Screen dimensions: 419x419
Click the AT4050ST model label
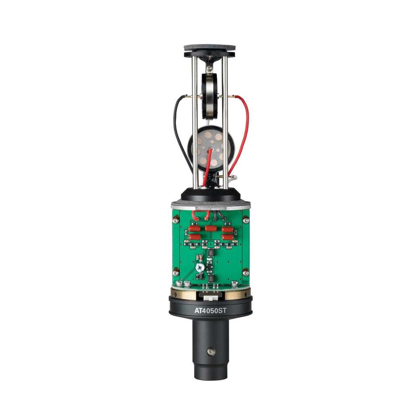pyautogui.click(x=210, y=310)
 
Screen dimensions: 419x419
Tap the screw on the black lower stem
pyautogui.click(x=211, y=352)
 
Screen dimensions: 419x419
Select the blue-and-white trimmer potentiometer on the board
pyautogui.click(x=199, y=267)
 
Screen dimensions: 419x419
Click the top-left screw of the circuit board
pyautogui.click(x=176, y=220)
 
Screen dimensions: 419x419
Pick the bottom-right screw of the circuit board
pyautogui.click(x=246, y=273)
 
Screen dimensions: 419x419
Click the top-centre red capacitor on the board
pyautogui.click(x=211, y=228)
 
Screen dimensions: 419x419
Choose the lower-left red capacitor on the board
pyautogui.click(x=194, y=237)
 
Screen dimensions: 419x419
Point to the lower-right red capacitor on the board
pyautogui.click(x=227, y=237)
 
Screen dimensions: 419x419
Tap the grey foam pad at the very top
pyautogui.click(x=210, y=48)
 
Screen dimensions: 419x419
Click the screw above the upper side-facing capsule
pyautogui.click(x=210, y=68)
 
